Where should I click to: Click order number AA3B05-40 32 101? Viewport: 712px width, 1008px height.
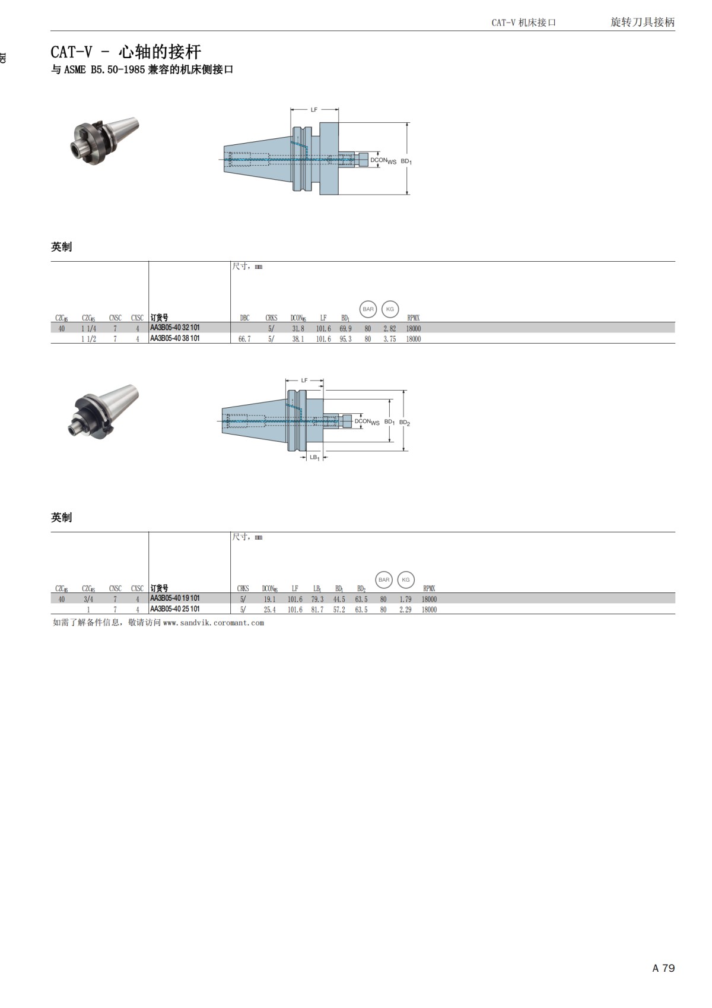(175, 328)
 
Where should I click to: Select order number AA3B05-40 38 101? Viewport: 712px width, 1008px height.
(175, 338)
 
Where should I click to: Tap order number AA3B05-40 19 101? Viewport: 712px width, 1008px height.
(175, 598)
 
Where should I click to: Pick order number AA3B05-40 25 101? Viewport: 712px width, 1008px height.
(175, 609)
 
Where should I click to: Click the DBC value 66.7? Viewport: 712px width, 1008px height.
(244, 339)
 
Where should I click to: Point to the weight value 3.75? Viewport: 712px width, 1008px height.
(389, 339)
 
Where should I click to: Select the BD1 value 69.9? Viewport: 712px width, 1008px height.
(345, 328)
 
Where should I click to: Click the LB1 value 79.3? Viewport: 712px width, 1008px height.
(317, 599)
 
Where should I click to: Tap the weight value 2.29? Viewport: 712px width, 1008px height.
(405, 610)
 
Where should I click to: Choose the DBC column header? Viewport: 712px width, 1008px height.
(244, 318)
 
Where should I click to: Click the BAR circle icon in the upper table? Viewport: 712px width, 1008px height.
(368, 309)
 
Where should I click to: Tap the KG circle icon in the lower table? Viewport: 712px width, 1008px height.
(406, 579)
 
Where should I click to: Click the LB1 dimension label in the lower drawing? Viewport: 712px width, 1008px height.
(314, 458)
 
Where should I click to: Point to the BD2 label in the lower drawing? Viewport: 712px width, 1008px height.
(405, 423)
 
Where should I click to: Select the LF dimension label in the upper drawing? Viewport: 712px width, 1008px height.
(314, 110)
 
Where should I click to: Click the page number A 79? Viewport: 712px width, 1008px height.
(663, 968)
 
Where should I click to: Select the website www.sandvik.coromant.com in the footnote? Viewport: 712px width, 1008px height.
(214, 623)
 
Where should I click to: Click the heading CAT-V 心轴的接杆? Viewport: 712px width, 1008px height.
(126, 52)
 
